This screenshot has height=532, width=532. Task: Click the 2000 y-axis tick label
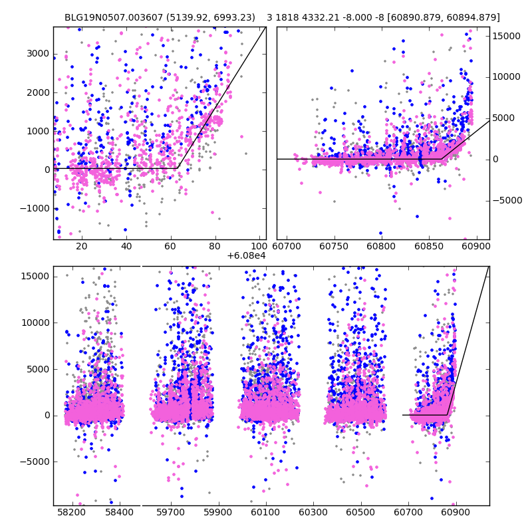pyautogui.click(x=38, y=92)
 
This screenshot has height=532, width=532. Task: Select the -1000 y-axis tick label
pyautogui.click(x=35, y=208)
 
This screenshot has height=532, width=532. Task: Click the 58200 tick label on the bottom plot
pyautogui.click(x=72, y=513)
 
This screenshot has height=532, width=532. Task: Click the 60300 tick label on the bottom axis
pyautogui.click(x=313, y=513)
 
